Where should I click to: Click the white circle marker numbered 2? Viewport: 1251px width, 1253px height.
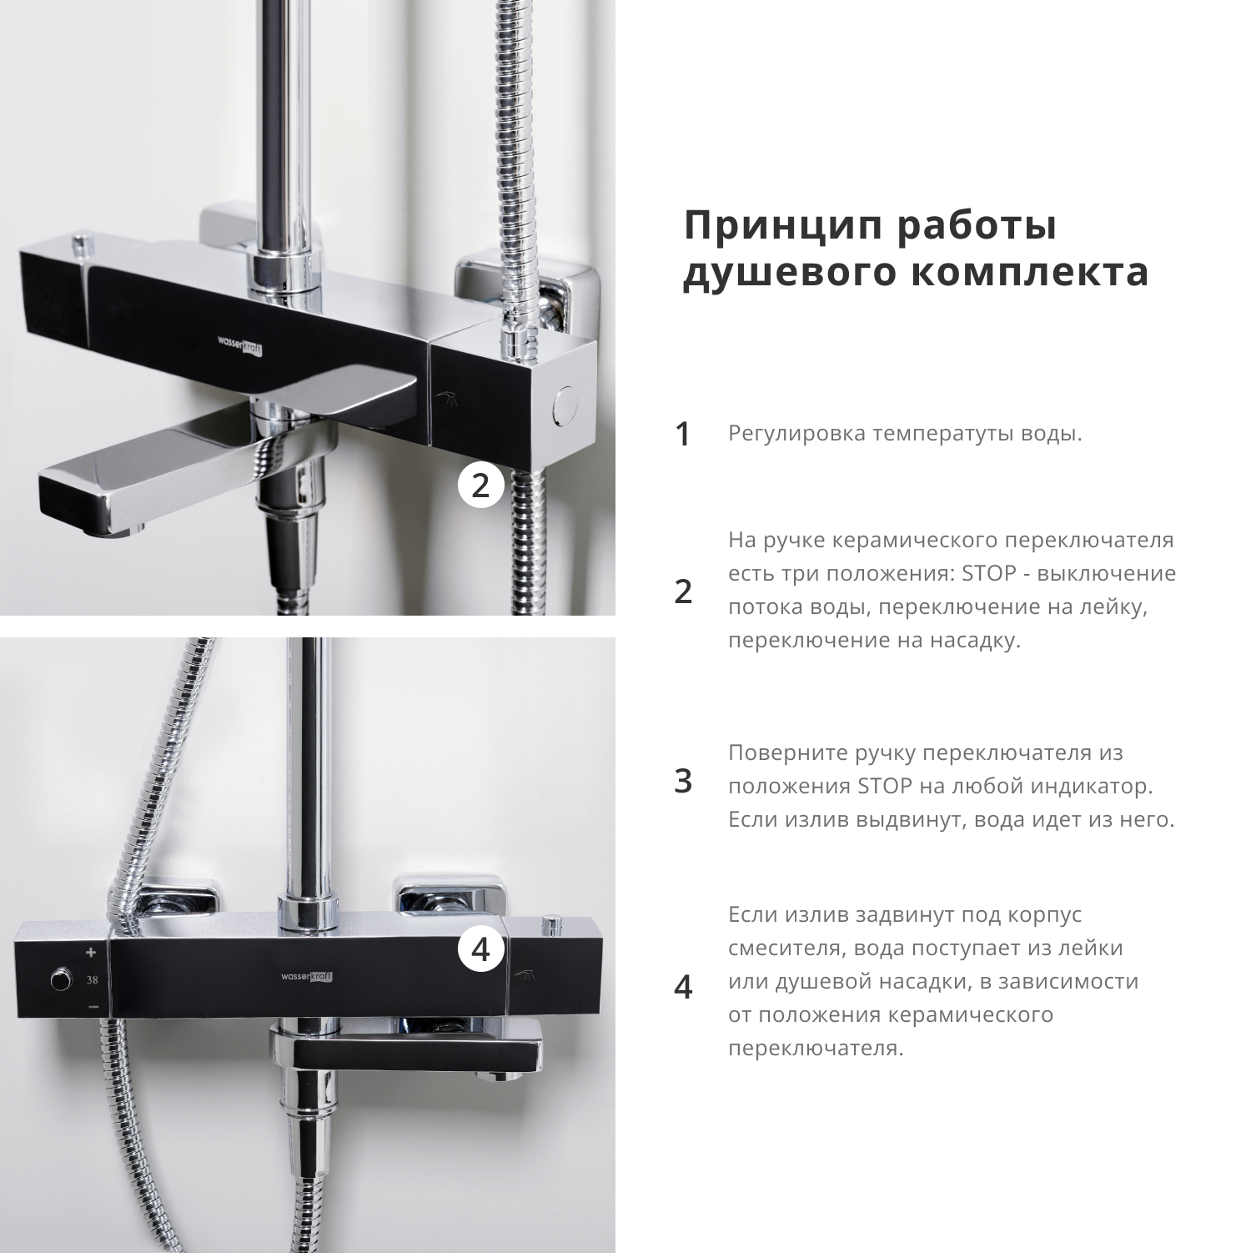click(480, 486)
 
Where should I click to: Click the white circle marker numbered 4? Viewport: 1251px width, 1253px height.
click(480, 949)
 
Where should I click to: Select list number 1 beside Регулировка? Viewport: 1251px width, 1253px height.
click(683, 434)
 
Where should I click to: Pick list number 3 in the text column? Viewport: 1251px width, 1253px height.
click(683, 782)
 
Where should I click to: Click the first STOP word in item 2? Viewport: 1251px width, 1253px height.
click(987, 574)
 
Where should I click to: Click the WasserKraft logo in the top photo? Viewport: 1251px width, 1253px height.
click(240, 346)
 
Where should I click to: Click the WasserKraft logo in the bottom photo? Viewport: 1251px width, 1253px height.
click(308, 977)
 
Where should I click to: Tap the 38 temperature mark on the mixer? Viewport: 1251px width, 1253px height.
click(92, 980)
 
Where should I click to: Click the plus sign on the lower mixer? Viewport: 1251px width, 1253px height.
click(91, 953)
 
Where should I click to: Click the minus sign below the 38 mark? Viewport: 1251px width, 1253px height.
click(93, 1007)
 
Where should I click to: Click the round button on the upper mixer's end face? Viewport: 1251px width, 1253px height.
click(565, 406)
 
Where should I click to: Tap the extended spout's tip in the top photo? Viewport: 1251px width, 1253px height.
click(75, 500)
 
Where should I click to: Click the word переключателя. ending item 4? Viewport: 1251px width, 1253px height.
click(816, 1049)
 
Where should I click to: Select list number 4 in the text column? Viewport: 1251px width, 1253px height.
click(683, 987)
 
